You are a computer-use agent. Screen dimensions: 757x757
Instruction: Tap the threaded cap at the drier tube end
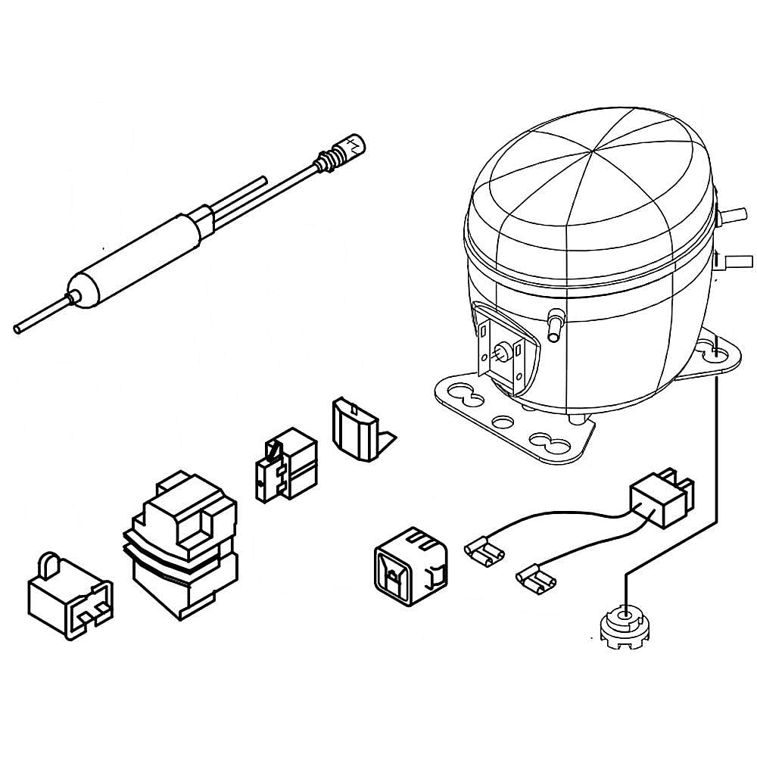click(353, 143)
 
